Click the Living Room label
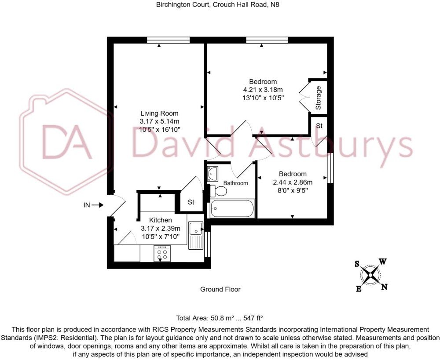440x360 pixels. click(159, 113)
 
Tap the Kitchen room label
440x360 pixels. click(161, 220)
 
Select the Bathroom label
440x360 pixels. click(236, 183)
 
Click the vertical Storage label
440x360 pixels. click(318, 98)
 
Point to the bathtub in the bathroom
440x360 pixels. click(232, 208)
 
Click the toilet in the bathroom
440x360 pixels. click(218, 191)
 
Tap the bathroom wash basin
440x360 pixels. click(213, 173)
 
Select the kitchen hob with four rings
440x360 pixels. click(162, 254)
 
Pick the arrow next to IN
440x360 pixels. click(97, 205)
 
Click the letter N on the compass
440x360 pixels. click(385, 287)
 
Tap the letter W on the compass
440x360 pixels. click(383, 262)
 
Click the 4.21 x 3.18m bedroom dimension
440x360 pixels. click(263, 90)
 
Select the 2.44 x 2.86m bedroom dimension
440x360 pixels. click(293, 182)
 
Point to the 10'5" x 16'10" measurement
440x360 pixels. click(159, 130)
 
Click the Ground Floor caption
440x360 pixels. click(220, 289)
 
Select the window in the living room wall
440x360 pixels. click(169, 40)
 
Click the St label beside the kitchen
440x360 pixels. click(191, 202)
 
